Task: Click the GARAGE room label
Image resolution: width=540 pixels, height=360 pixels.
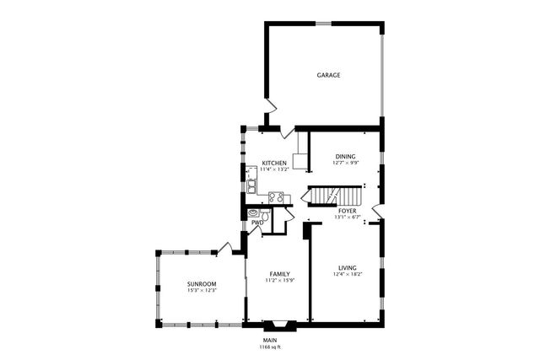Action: pyautogui.click(x=328, y=75)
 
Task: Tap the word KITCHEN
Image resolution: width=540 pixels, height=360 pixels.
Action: pyautogui.click(x=274, y=163)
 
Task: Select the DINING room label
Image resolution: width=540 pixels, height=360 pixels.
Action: pyautogui.click(x=345, y=156)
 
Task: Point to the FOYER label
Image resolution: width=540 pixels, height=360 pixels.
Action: pyautogui.click(x=348, y=211)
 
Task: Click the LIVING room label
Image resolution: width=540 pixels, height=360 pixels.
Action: pyautogui.click(x=348, y=267)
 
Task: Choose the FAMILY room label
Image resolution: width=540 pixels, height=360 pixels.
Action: pyautogui.click(x=280, y=275)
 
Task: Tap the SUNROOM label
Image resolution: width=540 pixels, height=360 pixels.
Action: pyautogui.click(x=202, y=284)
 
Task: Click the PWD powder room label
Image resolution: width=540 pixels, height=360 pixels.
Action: pyautogui.click(x=257, y=223)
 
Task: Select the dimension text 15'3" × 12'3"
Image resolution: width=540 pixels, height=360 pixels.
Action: pyautogui.click(x=202, y=291)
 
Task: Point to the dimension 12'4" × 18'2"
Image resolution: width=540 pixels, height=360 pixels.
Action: pyautogui.click(x=348, y=274)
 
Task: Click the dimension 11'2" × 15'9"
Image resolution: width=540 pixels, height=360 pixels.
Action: pyautogui.click(x=280, y=282)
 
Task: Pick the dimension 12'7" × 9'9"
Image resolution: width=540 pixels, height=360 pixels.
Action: pyautogui.click(x=345, y=163)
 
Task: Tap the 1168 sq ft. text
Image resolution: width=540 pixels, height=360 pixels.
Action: pyautogui.click(x=270, y=347)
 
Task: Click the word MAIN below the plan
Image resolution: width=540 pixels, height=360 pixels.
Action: pyautogui.click(x=270, y=340)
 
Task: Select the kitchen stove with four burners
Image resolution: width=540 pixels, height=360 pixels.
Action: pyautogui.click(x=275, y=197)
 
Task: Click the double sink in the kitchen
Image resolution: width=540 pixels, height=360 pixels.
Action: pyautogui.click(x=251, y=186)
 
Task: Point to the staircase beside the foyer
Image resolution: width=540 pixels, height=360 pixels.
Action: pyautogui.click(x=321, y=196)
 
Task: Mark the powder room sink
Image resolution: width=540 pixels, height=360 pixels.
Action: pyautogui.click(x=253, y=215)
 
